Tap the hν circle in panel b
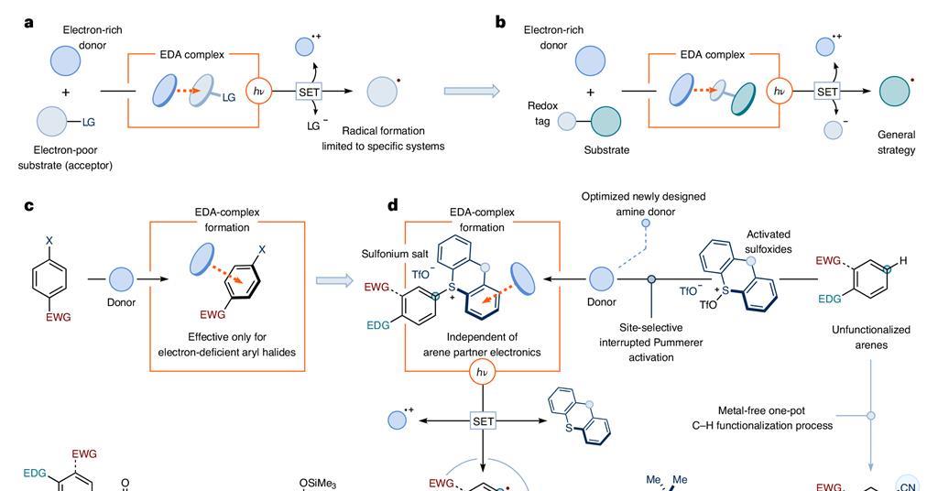(x=780, y=91)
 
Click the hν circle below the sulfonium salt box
(x=482, y=373)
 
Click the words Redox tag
(x=542, y=114)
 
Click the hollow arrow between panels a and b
(x=473, y=91)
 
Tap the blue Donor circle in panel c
(x=122, y=278)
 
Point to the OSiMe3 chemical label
(x=317, y=484)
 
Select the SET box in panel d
(x=483, y=420)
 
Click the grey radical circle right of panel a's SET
(x=382, y=91)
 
